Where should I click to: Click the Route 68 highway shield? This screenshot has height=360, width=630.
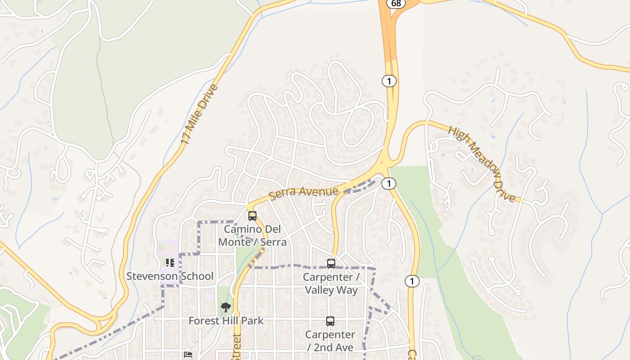[x=396, y=3]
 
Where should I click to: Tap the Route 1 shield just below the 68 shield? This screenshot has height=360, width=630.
[x=389, y=81]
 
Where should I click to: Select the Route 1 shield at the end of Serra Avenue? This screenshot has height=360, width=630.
[x=389, y=183]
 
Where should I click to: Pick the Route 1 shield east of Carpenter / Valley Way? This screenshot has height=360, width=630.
[x=412, y=281]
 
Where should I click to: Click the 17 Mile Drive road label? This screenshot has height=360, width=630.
[x=199, y=115]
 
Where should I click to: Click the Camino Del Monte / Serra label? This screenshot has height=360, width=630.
[x=252, y=235]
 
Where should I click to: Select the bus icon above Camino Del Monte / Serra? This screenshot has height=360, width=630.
[x=252, y=216]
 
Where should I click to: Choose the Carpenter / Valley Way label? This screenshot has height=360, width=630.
[x=331, y=283]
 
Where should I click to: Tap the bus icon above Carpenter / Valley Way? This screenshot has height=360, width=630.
[x=331, y=264]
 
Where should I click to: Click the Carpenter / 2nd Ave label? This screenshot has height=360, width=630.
[x=330, y=341]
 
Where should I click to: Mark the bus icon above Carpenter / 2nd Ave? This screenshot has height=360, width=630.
[x=330, y=321]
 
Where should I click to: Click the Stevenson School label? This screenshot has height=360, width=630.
[x=170, y=276]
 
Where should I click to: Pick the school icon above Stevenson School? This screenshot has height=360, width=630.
[x=170, y=262]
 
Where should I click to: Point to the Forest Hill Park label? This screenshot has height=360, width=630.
[x=226, y=321]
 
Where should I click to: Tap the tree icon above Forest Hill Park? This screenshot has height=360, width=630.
[x=226, y=307]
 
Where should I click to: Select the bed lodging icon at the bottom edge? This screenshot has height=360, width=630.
[x=188, y=355]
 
